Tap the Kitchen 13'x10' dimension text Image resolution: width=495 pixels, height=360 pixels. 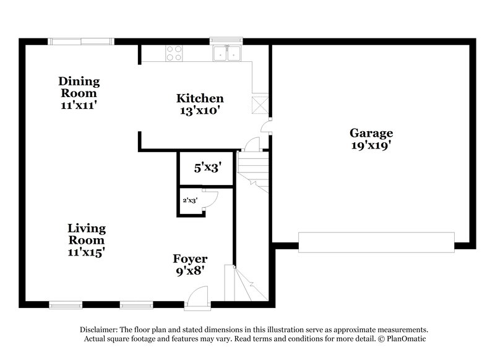click(x=199, y=111)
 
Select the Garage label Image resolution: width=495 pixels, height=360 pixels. click(x=371, y=133)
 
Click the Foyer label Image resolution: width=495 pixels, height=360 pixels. click(x=190, y=259)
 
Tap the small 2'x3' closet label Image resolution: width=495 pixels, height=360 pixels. click(x=189, y=200)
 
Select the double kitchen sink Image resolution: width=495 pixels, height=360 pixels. click(x=226, y=54)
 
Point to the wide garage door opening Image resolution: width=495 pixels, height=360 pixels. click(x=376, y=242)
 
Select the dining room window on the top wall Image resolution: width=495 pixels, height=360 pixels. click(x=81, y=42)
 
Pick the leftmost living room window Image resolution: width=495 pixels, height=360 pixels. click(x=66, y=304)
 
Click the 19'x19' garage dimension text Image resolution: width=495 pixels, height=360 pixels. click(x=371, y=146)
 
